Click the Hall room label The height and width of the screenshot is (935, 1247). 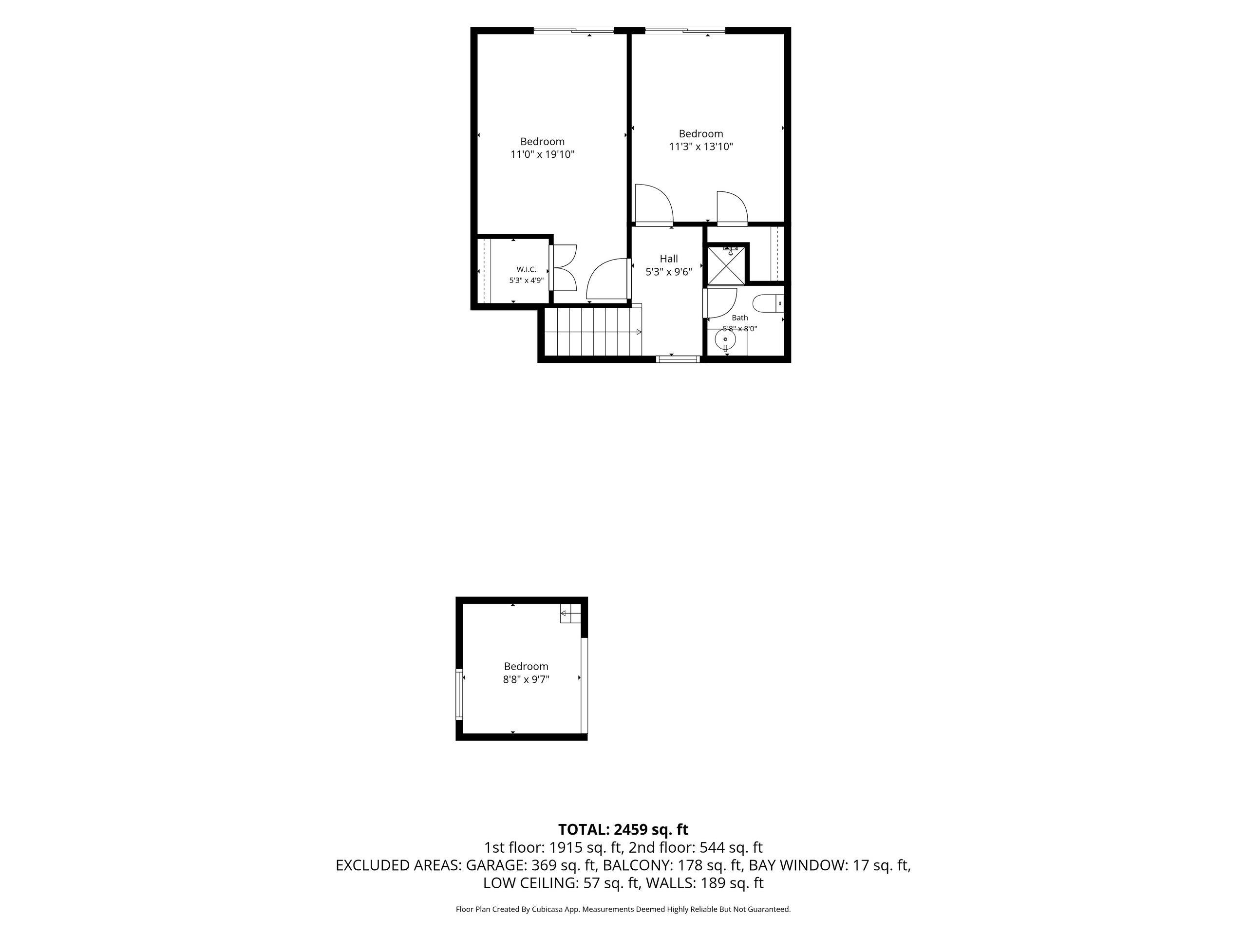click(x=669, y=259)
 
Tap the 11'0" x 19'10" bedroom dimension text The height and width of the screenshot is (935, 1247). click(x=542, y=154)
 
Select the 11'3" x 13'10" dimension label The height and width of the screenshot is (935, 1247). click(x=701, y=147)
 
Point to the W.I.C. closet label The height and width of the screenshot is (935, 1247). click(x=526, y=269)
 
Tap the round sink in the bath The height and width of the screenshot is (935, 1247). click(x=725, y=339)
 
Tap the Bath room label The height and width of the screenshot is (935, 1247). click(x=739, y=318)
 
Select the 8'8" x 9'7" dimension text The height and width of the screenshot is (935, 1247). click(x=526, y=680)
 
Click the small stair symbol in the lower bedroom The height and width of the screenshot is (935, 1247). click(x=570, y=613)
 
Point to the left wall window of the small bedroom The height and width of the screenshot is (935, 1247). click(x=459, y=694)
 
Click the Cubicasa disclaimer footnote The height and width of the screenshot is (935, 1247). click(x=623, y=909)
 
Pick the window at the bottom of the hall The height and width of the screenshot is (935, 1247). click(x=678, y=358)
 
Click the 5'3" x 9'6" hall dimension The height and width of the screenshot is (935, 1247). click(x=669, y=272)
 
